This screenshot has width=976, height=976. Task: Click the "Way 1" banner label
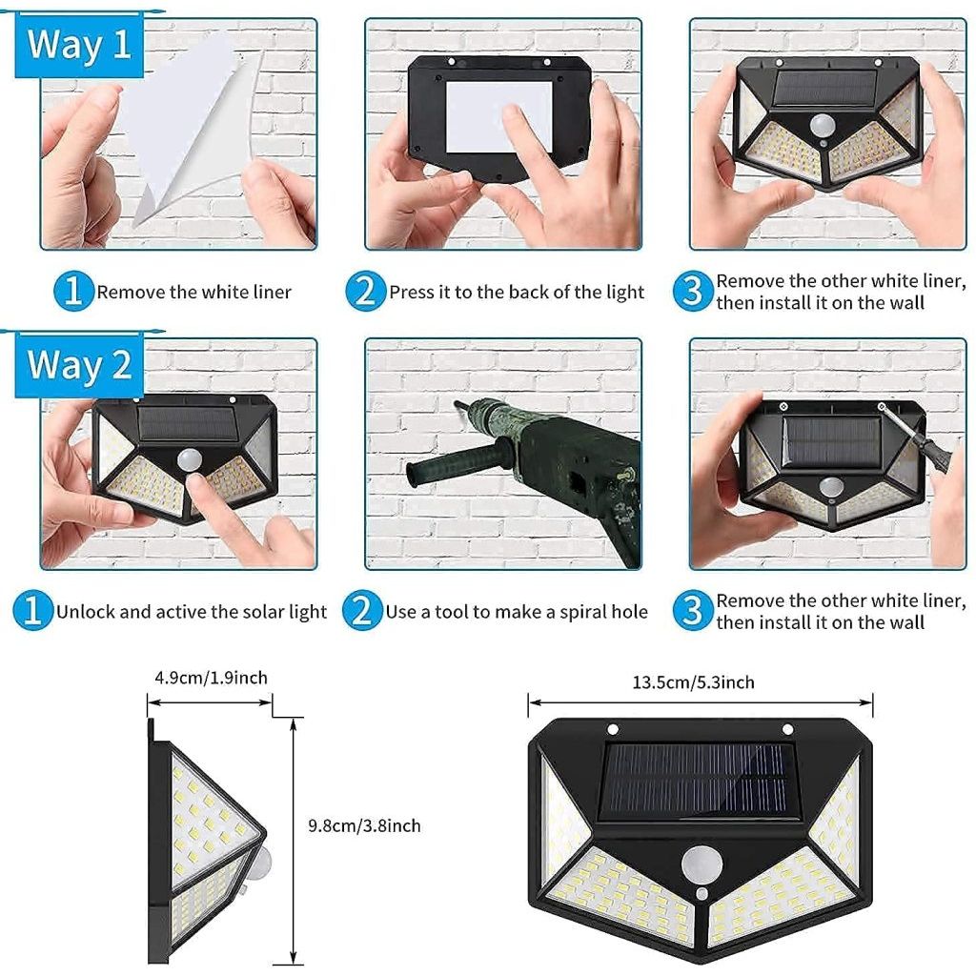pos(79,45)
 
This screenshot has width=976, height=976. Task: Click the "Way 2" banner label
pos(79,365)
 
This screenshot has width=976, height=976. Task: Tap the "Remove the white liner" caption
pos(193,292)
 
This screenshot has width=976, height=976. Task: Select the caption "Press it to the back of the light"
pos(517,292)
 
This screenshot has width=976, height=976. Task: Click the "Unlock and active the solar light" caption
pos(191,612)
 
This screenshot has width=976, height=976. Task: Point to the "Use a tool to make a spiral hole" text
pos(516,612)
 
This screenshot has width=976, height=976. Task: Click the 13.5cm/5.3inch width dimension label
pos(693,682)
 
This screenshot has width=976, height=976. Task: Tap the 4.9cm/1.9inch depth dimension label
pos(211,679)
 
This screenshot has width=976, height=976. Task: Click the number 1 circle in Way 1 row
pos(73,292)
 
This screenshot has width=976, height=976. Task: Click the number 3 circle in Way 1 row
pos(693,292)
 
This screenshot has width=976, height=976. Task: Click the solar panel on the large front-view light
pos(700,780)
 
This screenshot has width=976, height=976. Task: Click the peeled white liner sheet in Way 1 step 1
pos(181,124)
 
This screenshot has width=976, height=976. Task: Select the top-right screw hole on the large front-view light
pos(788,729)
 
